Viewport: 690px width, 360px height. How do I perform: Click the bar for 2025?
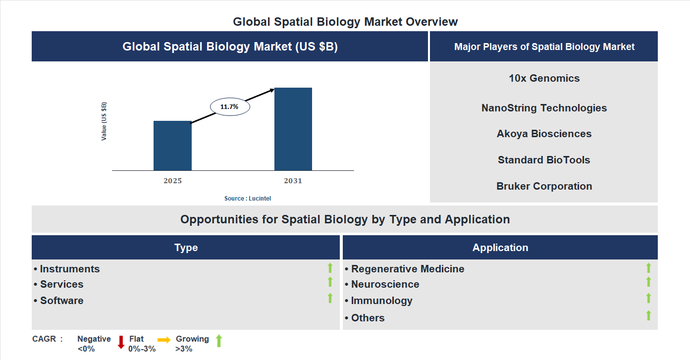pyautogui.click(x=172, y=146)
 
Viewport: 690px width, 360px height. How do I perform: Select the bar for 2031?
pyautogui.click(x=293, y=129)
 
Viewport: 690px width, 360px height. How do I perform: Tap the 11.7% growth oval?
pyautogui.click(x=230, y=106)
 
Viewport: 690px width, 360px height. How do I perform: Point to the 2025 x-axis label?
pyautogui.click(x=172, y=181)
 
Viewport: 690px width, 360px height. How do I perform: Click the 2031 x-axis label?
pyautogui.click(x=293, y=181)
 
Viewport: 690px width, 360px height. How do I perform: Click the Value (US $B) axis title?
pyautogui.click(x=104, y=121)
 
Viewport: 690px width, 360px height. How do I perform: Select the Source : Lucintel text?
pyautogui.click(x=248, y=199)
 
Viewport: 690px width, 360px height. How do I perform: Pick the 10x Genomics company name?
pyautogui.click(x=544, y=78)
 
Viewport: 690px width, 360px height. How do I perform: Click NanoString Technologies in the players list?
pyautogui.click(x=544, y=108)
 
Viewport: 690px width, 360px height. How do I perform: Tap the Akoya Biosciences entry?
pyautogui.click(x=544, y=134)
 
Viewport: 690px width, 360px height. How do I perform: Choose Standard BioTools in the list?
pyautogui.click(x=544, y=160)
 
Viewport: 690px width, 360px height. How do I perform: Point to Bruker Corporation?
pyautogui.click(x=544, y=186)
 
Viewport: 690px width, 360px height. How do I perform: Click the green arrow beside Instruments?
pyautogui.click(x=330, y=268)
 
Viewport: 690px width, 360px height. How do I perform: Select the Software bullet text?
pyautogui.click(x=61, y=301)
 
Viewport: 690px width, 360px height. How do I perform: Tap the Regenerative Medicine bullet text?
pyautogui.click(x=407, y=269)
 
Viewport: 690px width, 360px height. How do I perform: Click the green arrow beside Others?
pyautogui.click(x=648, y=315)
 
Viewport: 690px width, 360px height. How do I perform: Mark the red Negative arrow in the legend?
pyautogui.click(x=121, y=342)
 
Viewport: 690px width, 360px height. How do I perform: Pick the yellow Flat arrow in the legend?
pyautogui.click(x=164, y=340)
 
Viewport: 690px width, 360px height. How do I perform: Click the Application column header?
pyautogui.click(x=500, y=248)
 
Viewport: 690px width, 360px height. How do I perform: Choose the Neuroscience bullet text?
pyautogui.click(x=385, y=284)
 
